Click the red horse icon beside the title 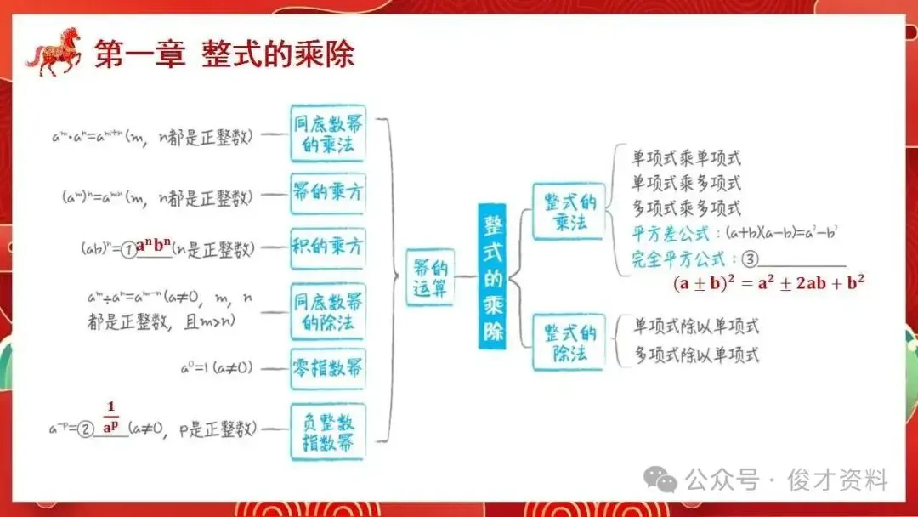coord(54,52)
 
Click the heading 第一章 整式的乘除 coord(224,54)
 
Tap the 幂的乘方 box coord(327,193)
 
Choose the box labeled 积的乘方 coord(327,247)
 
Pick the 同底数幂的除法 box coord(327,310)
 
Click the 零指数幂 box coord(327,368)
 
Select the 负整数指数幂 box coord(327,432)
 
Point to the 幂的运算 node coord(429,276)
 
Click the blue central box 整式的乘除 coord(494,276)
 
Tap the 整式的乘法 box coord(569,212)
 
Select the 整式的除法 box coord(569,340)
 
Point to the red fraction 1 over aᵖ coord(110,417)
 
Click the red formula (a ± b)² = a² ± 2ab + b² coord(768,284)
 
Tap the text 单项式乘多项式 coord(686,183)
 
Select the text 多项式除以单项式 coord(696,355)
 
